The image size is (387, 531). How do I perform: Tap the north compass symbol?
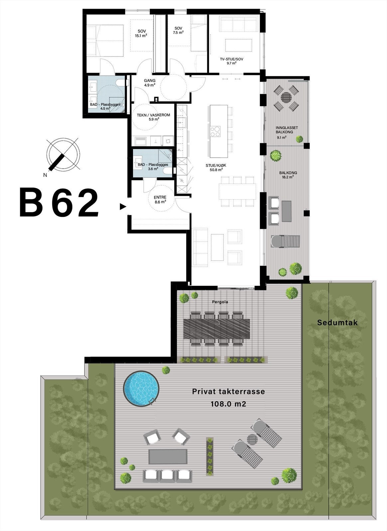(63, 155)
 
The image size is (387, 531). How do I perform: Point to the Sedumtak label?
(337, 323)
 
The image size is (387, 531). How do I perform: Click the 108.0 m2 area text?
(228, 404)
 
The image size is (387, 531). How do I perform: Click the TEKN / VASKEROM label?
(154, 115)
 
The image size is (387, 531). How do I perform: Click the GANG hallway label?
(150, 81)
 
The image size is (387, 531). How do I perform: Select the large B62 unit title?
(59, 203)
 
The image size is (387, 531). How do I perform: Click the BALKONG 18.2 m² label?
(288, 175)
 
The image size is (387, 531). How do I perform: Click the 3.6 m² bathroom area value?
(153, 169)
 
